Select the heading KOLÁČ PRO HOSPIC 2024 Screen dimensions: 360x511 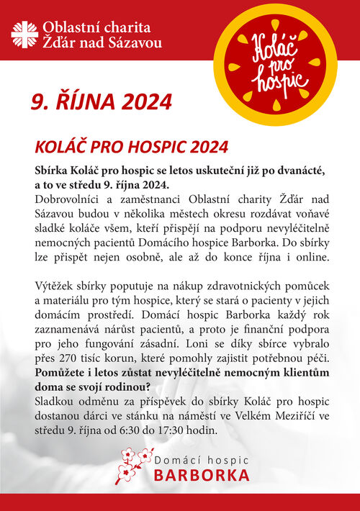pyautogui.click(x=132, y=147)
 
